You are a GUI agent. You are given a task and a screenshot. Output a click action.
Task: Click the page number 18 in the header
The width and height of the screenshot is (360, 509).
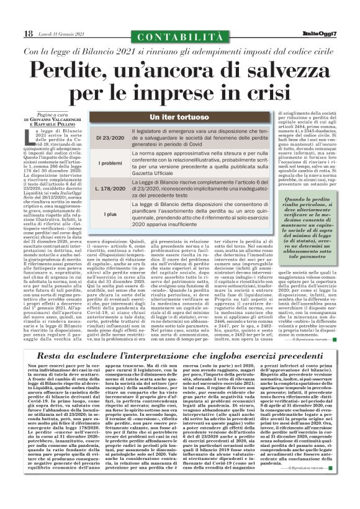click(x=29, y=33)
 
